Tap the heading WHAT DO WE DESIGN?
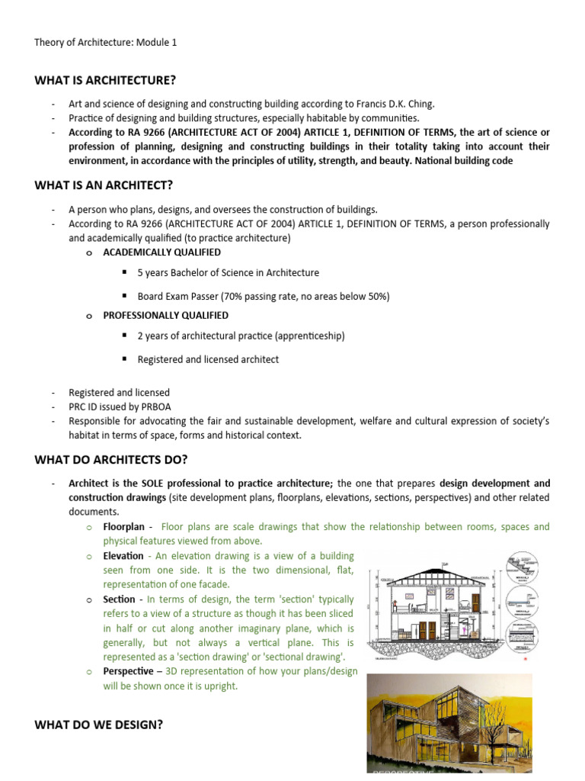pos(99,724)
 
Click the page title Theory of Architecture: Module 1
pos(105,43)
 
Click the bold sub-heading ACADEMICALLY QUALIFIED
pos(162,252)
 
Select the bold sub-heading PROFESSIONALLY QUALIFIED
pos(165,315)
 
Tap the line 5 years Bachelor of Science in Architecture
pos(228,272)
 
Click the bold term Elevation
pos(123,556)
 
